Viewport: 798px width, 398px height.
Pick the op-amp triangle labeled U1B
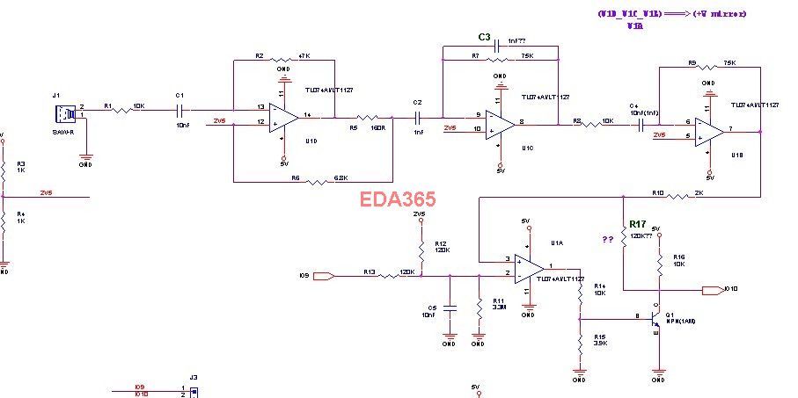pos(707,131)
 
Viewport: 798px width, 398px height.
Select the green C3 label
pos(484,37)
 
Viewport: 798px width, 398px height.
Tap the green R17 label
pos(639,224)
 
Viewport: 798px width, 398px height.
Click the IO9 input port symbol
pos(323,276)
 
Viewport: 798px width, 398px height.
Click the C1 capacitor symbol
pos(179,111)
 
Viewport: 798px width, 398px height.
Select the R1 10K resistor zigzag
pos(122,111)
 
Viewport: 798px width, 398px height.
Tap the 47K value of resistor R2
pos(305,55)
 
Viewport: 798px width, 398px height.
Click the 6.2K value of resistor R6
pos(342,178)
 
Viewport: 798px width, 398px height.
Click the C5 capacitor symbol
pos(450,308)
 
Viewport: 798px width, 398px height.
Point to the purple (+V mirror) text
pos(720,14)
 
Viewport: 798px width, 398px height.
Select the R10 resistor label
pos(657,192)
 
